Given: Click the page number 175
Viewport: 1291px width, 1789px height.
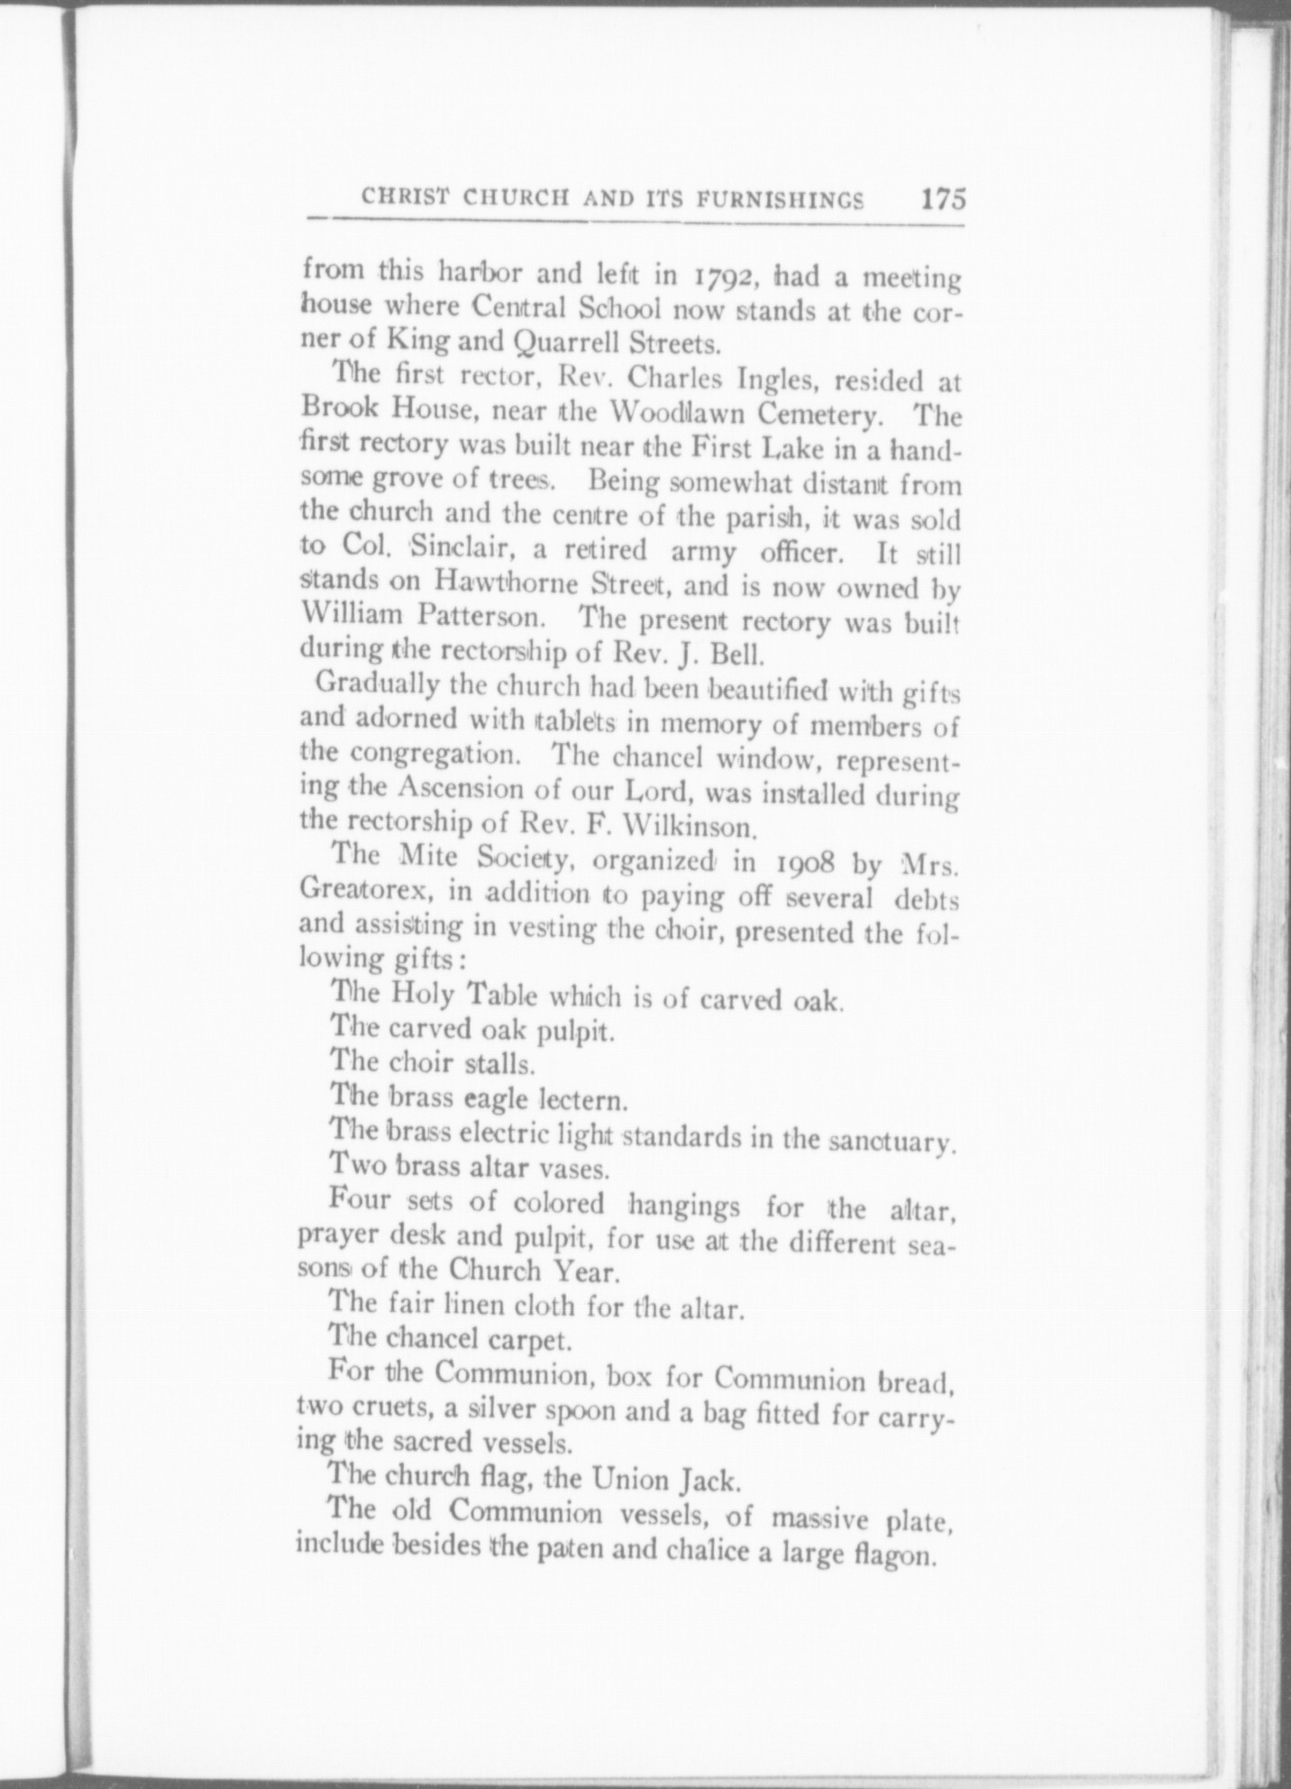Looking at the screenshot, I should tap(943, 198).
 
